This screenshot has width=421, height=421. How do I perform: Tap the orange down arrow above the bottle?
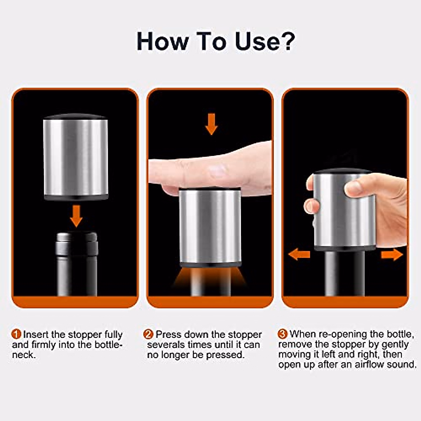click(76, 215)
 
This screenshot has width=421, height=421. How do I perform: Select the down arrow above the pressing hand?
click(211, 124)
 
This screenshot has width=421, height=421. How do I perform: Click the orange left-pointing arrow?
click(299, 254)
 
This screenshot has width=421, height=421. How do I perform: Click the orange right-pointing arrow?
click(392, 254)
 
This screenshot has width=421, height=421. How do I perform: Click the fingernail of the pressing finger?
click(217, 171)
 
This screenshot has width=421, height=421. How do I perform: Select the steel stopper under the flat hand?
click(210, 226)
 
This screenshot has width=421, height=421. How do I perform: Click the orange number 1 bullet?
click(16, 334)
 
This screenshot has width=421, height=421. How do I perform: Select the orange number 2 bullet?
click(149, 334)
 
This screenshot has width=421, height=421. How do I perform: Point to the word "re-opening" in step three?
click(340, 334)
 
